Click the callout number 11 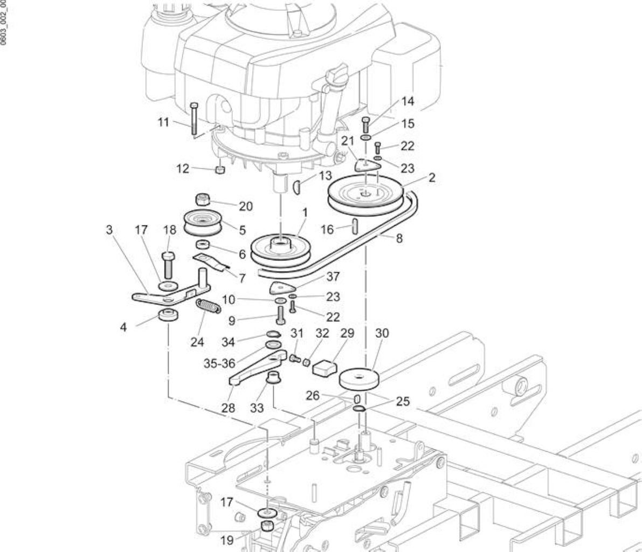point(163,122)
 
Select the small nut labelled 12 point(220,169)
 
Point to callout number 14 point(408,101)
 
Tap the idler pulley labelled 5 point(202,223)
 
